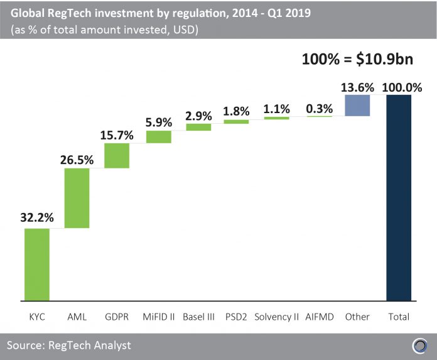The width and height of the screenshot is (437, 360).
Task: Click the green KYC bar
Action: [37, 265]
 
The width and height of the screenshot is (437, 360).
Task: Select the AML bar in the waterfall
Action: [77, 198]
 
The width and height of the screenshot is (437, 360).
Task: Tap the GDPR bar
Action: [117, 156]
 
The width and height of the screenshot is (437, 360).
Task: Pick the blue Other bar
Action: [357, 106]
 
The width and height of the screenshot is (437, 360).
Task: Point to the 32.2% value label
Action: [37, 219]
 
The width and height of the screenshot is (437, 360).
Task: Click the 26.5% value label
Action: [77, 159]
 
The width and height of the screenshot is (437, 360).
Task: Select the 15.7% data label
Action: [117, 134]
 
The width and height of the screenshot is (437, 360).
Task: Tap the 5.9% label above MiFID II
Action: [159, 123]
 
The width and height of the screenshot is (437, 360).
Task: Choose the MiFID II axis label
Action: [159, 317]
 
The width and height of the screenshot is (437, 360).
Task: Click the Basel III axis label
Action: [199, 317]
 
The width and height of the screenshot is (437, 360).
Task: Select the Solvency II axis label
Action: [277, 317]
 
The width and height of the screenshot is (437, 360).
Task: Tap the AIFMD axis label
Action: [320, 317]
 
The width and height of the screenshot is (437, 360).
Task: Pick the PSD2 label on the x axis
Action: [237, 317]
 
